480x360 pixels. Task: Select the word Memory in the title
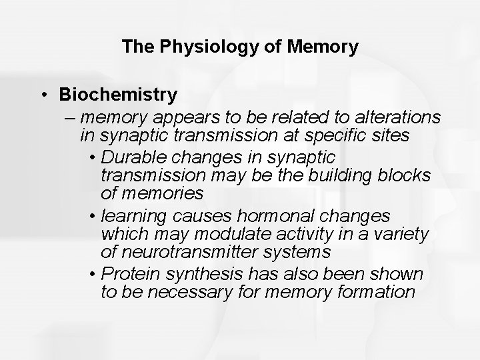pyautogui.click(x=325, y=47)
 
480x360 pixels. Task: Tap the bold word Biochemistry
pyautogui.click(x=117, y=95)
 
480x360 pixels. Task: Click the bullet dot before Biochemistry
pyautogui.click(x=43, y=95)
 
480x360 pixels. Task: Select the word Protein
pyautogui.click(x=133, y=274)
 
